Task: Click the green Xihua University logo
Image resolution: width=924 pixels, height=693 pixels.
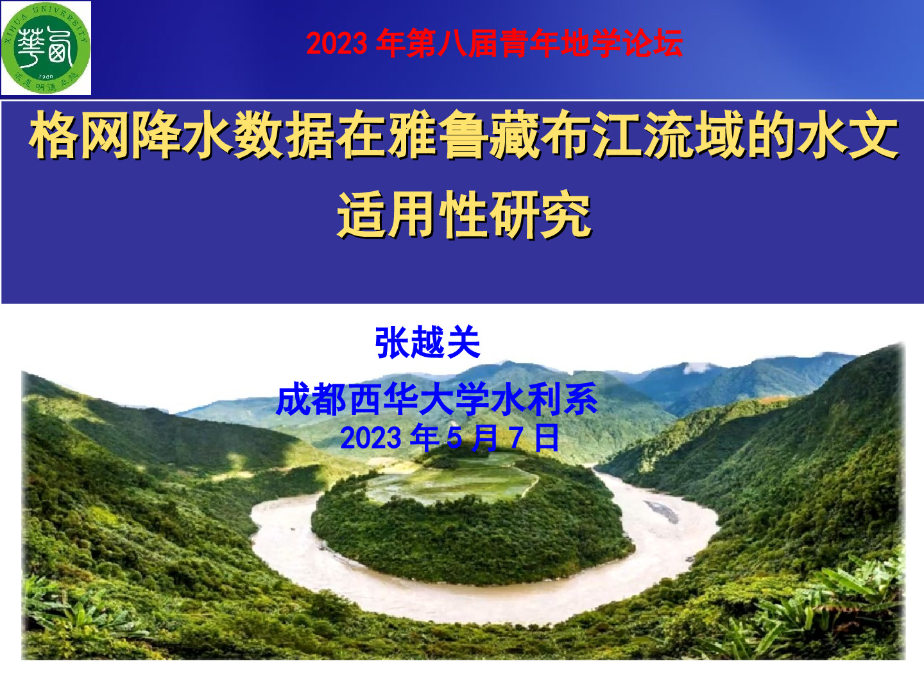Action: point(46,47)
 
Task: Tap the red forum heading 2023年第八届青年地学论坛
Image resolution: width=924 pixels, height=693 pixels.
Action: point(494,43)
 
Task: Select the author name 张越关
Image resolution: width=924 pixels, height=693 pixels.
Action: point(428,342)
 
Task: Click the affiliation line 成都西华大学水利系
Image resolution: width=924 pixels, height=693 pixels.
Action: point(437,399)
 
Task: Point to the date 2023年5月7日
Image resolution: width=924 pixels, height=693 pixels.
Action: point(450,438)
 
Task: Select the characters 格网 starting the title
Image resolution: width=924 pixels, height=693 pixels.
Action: point(80,135)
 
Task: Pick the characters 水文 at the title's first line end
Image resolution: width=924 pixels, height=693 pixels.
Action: point(848,135)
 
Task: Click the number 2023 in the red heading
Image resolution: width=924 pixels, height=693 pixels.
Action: point(337,44)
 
